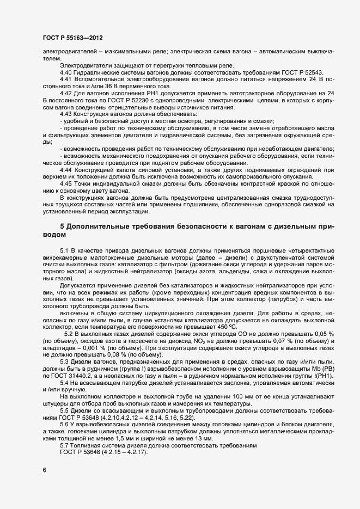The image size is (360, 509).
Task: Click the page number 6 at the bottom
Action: (x=44, y=470)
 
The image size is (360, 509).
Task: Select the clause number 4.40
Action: (x=65, y=72)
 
